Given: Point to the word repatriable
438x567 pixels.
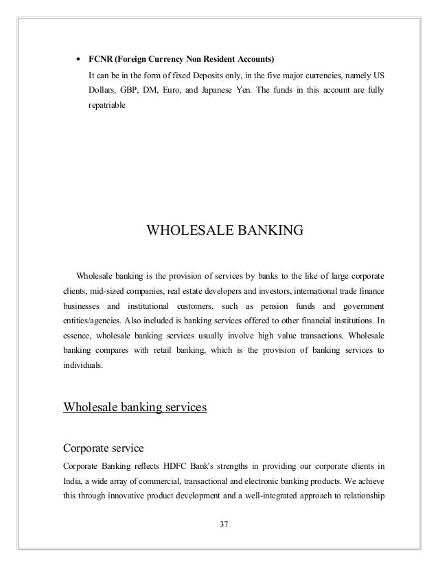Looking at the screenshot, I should click(x=107, y=108).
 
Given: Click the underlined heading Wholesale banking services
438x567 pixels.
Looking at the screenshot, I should click(x=135, y=407).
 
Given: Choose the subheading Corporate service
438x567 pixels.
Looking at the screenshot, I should click(x=103, y=449).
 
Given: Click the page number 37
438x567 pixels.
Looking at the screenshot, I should click(x=222, y=525).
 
